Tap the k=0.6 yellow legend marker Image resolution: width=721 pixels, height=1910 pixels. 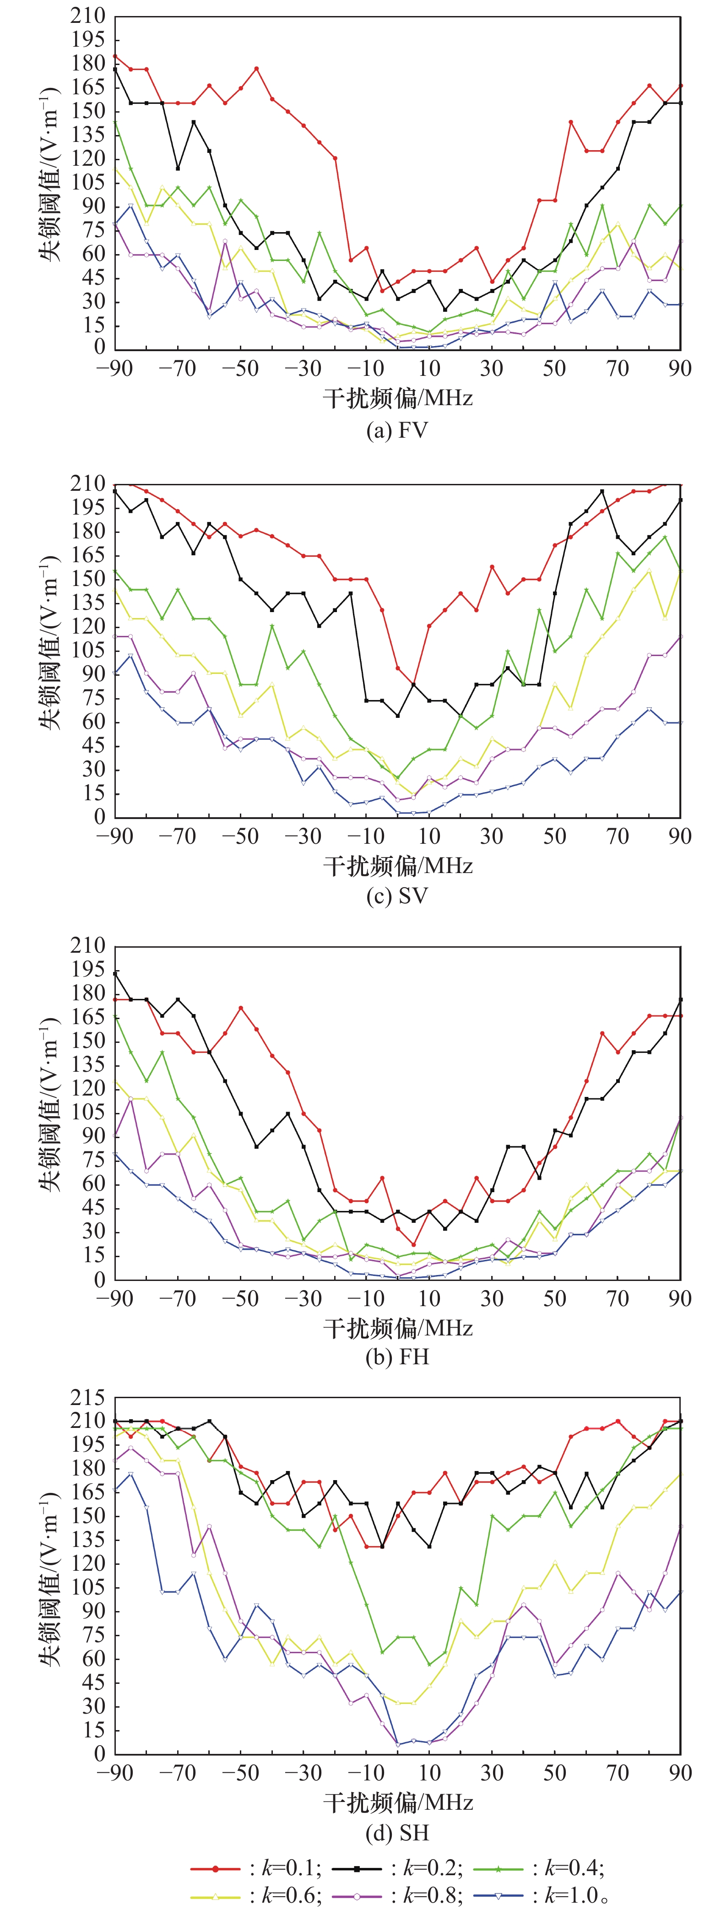(x=215, y=1896)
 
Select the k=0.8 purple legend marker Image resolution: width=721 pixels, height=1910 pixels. (x=357, y=1896)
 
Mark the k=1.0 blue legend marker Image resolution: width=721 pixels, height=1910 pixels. (x=499, y=1896)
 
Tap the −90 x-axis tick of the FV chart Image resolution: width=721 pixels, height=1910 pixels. (x=115, y=369)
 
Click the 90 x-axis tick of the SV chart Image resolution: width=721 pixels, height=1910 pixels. (x=679, y=836)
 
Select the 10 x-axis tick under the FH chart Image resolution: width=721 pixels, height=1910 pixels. (x=429, y=1298)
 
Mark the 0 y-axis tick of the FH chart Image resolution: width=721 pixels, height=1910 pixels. (x=99, y=1280)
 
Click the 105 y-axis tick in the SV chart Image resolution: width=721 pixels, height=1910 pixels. (x=87, y=650)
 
